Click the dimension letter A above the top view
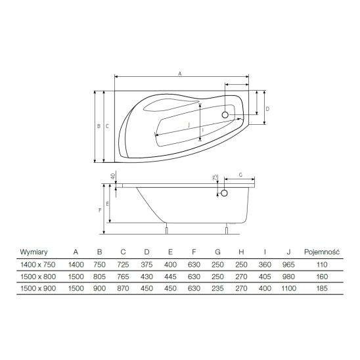pos(180,74)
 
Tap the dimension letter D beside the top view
pos(267,109)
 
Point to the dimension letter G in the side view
pos(240,175)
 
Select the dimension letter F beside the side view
pos(100,210)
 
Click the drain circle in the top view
pos(225,114)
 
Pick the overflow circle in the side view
pos(224,193)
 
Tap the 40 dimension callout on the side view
pos(113,176)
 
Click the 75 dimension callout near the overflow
pos(215,177)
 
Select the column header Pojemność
pos(322,252)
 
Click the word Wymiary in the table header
pos(34,252)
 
